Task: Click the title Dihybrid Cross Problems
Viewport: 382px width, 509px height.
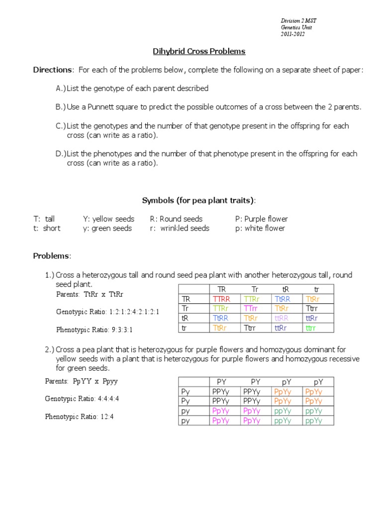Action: tap(198, 52)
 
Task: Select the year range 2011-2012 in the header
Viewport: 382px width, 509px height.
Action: tap(293, 34)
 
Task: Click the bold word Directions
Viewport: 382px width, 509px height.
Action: tap(53, 70)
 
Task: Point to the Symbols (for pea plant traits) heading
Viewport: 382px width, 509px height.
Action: tap(198, 200)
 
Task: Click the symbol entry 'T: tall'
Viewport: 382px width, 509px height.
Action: tap(44, 219)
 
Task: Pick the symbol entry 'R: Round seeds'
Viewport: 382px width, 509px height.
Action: tap(176, 219)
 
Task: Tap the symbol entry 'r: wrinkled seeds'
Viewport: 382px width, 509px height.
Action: tap(180, 228)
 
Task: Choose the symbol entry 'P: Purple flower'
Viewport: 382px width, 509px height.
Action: tap(261, 219)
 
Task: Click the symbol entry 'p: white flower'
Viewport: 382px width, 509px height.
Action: tap(260, 228)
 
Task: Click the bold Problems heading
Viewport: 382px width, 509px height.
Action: tap(52, 255)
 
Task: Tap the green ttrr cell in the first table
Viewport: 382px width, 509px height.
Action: tap(311, 328)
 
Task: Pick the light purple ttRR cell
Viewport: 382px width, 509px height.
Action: tap(281, 318)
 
